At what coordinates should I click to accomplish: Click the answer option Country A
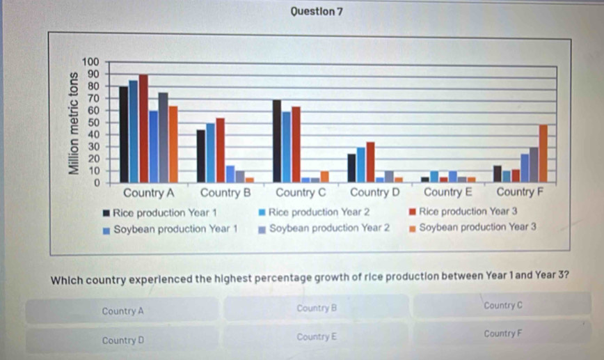point(122,311)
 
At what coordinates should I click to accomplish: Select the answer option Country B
point(316,308)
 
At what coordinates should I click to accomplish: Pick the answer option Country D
point(122,341)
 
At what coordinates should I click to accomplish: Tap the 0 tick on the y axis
point(97,182)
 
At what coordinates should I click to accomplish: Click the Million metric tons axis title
point(72,123)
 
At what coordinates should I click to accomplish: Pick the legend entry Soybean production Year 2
point(329,228)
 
